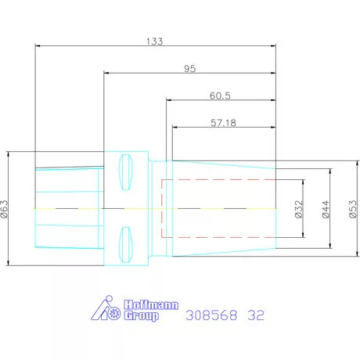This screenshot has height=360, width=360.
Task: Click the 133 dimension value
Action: pyautogui.click(x=154, y=41)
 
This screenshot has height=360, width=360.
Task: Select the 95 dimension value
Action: pyautogui.click(x=190, y=69)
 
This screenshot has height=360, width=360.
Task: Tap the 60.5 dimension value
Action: pyautogui.click(x=220, y=95)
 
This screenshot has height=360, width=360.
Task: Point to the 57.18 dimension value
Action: pyautogui.click(x=223, y=123)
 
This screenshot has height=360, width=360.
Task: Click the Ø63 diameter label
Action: pyautogui.click(x=5, y=209)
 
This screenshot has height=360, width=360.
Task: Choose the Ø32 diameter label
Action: pyautogui.click(x=299, y=209)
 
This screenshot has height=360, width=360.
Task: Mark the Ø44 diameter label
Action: pyautogui.click(x=326, y=209)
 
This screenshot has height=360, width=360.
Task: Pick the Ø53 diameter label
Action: pyautogui.click(x=353, y=209)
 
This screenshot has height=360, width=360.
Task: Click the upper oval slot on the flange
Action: pyautogui.click(x=126, y=172)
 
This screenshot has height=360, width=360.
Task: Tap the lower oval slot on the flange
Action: pyautogui.click(x=126, y=245)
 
